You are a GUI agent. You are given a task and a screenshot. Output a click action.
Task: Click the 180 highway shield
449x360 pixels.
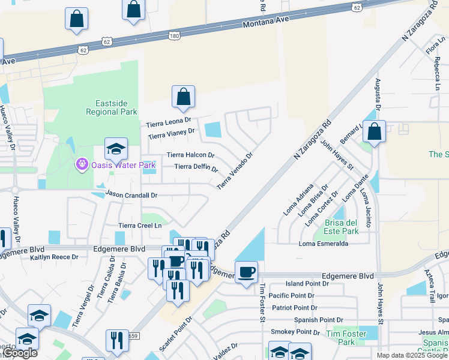click(x=174, y=36)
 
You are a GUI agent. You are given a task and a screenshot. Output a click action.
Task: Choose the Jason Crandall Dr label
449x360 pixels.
click(x=131, y=195)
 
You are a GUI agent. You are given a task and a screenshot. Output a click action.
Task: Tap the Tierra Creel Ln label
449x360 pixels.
click(x=140, y=226)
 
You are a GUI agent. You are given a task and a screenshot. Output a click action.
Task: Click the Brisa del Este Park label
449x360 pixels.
click(x=341, y=226)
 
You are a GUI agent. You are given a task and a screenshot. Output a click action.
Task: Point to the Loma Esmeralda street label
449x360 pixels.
click(x=324, y=244)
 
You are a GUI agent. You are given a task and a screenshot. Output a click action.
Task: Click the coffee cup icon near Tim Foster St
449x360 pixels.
click(x=246, y=273)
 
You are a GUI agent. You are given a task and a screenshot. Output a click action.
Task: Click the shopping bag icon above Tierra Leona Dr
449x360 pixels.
click(x=183, y=97)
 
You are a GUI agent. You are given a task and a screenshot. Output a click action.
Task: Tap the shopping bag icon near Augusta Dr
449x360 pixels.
click(x=374, y=132)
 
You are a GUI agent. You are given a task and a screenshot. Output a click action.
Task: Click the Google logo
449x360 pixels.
click(x=19, y=353)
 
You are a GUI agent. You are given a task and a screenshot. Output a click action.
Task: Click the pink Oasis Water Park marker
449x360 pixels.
click(x=82, y=164)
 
